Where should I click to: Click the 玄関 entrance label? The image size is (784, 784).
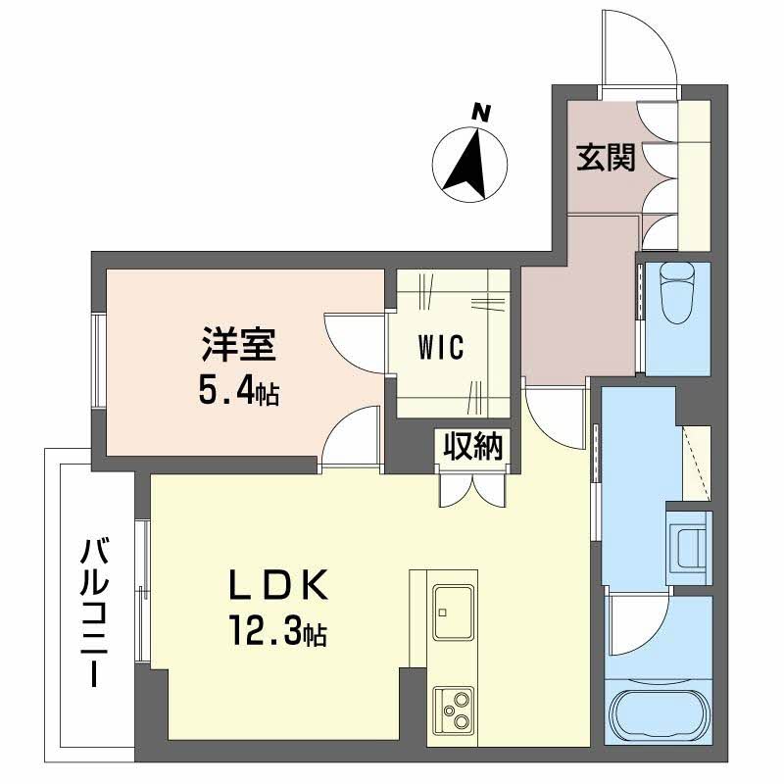605,157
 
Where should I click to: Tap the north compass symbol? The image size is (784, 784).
470,162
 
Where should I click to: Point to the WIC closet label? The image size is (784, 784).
438,348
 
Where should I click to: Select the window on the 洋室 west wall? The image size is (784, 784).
98,359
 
